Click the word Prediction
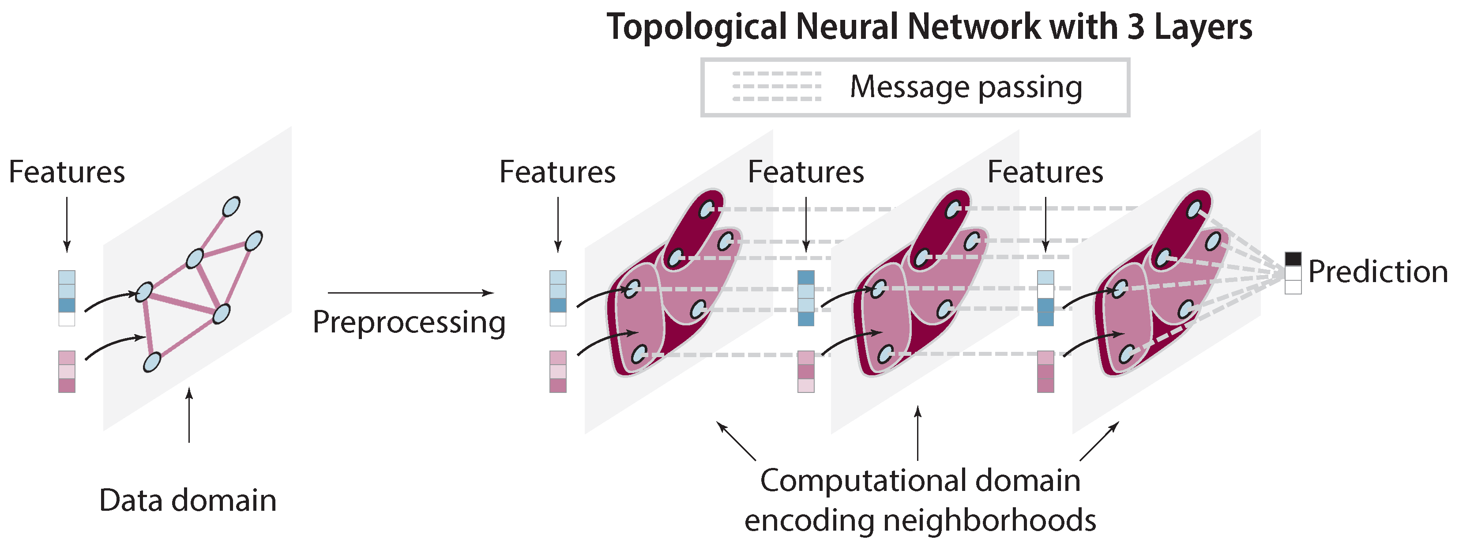pos(1377,272)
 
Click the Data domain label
pos(188,501)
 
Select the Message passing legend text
pos(966,87)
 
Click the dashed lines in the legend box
pos(777,86)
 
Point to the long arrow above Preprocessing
pos(410,293)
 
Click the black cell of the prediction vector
pos(1293,259)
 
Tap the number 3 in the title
pos(1136,27)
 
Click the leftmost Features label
pos(67,172)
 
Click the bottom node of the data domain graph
pos(152,362)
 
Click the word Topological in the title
pos(697,27)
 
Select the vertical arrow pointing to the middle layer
pos(918,433)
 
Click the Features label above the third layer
pos(1045,172)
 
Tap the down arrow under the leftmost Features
pos(67,224)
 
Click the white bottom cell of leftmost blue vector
pos(67,319)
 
